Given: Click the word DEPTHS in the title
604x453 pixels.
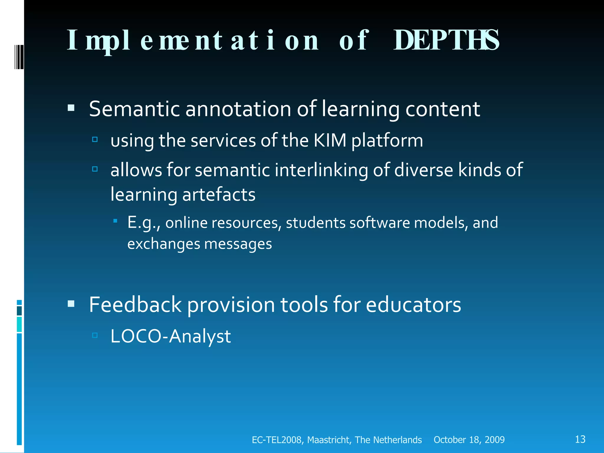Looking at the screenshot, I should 446,40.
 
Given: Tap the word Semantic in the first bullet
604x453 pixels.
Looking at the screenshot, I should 134,109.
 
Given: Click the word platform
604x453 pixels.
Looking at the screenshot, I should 387,141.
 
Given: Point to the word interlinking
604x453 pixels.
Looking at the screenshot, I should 321,170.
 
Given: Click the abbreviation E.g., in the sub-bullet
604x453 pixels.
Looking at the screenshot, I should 144,223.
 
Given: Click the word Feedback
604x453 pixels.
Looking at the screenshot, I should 135,305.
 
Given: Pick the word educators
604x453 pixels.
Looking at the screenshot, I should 413,305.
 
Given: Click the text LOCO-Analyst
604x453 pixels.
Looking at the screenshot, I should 170,336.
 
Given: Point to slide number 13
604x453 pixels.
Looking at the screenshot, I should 580,439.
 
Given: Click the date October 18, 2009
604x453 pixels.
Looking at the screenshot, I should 469,440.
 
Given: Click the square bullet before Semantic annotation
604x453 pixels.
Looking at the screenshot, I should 71,108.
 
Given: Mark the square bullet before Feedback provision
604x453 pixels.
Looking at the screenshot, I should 71,303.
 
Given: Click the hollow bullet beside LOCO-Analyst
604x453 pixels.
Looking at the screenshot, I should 95,335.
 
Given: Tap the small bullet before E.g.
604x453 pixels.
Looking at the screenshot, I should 115,221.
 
